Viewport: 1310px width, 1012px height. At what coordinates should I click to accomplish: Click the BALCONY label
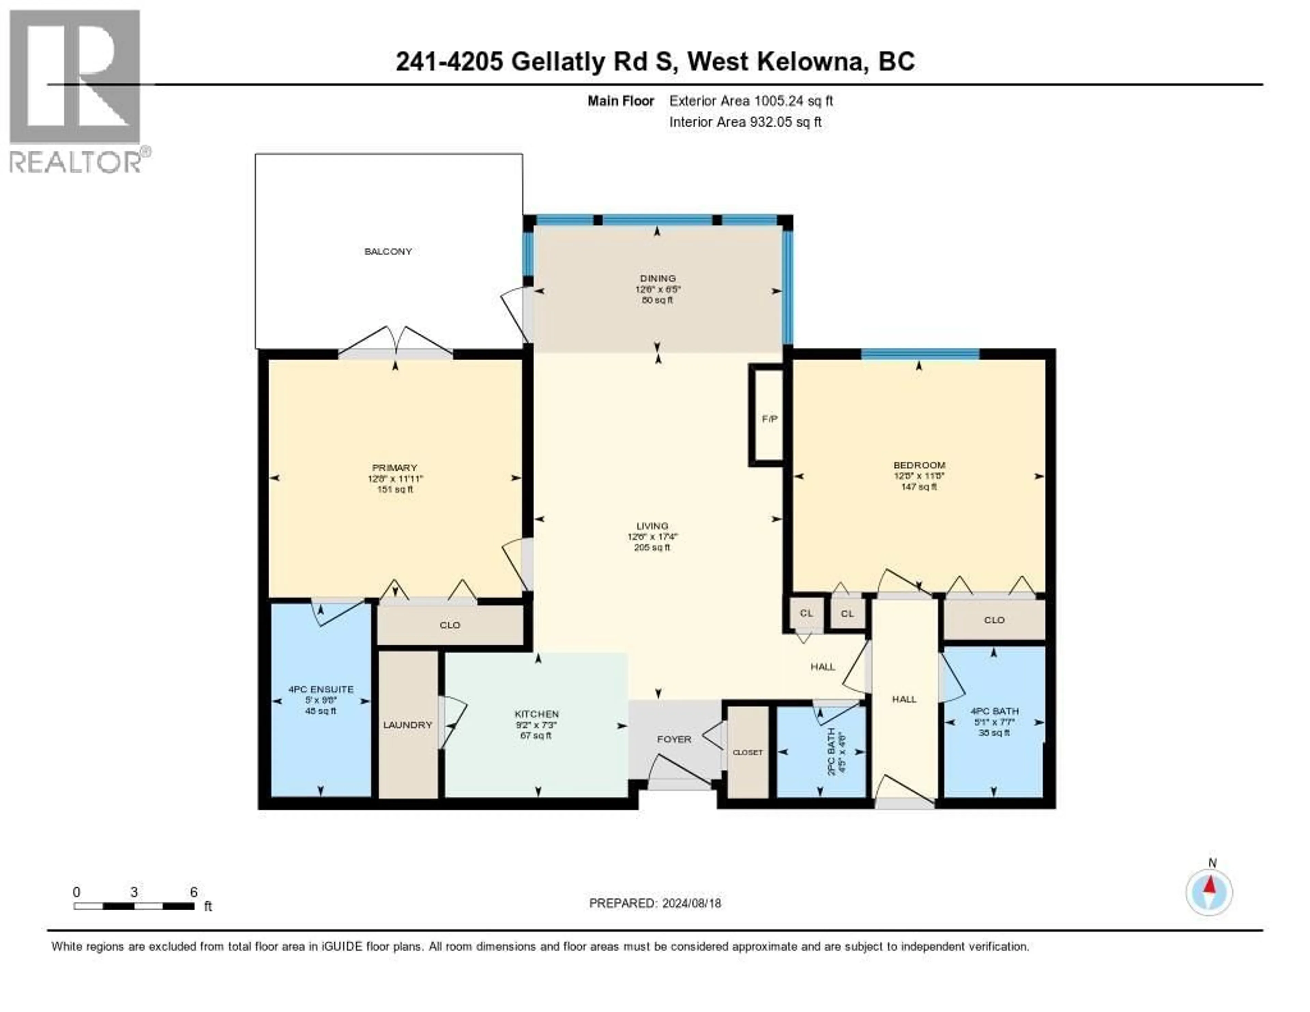[x=388, y=251]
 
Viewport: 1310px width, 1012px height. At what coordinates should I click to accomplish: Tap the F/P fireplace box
[x=769, y=419]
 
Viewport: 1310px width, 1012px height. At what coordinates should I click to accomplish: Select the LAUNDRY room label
[x=408, y=725]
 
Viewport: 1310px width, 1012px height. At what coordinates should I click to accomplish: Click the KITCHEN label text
[x=537, y=714]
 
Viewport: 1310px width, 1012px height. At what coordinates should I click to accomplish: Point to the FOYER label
[x=674, y=739]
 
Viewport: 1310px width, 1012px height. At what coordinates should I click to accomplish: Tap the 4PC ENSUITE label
[x=321, y=689]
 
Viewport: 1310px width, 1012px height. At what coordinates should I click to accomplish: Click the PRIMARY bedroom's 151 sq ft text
[x=395, y=489]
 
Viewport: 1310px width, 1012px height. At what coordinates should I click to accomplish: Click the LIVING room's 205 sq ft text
[x=652, y=547]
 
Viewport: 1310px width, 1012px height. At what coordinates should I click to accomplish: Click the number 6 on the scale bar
[x=194, y=892]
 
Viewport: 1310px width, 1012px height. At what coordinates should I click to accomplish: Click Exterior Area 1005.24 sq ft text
[x=751, y=101]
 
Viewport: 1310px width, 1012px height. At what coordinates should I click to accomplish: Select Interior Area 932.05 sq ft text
[x=745, y=122]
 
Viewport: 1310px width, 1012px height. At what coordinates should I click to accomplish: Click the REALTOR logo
[x=76, y=90]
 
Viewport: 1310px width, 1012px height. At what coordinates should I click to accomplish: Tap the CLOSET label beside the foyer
[x=747, y=752]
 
